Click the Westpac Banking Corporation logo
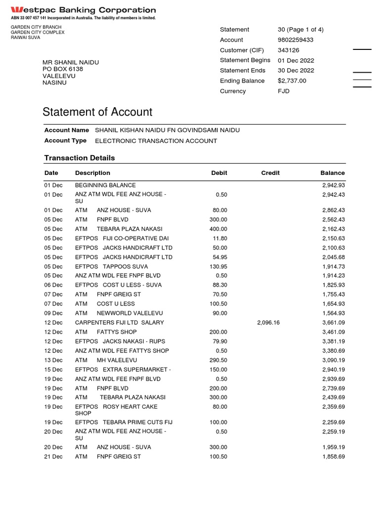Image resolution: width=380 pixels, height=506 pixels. pos(83,10)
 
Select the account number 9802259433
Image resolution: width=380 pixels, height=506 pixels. pos(295,40)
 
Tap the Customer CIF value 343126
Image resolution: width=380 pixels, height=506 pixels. pos(288,50)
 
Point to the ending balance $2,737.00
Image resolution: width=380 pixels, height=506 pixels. pos(292,81)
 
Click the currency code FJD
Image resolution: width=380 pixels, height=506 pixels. pos(284,91)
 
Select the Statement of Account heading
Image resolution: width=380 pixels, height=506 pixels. pos(97,112)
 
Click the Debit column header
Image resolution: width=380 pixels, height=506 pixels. pos(219,173)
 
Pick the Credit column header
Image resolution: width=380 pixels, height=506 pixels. pos(270,173)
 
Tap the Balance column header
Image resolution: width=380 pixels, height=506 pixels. pos(332,173)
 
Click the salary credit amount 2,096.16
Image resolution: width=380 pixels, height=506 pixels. pos(268,323)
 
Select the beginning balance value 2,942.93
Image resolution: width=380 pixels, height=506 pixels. pos(333,185)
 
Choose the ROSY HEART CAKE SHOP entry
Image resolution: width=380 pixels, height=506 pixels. pos(116,410)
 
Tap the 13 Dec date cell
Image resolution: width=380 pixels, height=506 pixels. pos(53,360)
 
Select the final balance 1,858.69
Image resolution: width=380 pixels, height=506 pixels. pos(333,457)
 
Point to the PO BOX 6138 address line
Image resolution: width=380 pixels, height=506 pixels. pos(63,69)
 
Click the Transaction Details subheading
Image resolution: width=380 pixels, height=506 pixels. pos(80,158)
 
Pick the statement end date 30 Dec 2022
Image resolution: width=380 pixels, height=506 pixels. pos(296,71)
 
